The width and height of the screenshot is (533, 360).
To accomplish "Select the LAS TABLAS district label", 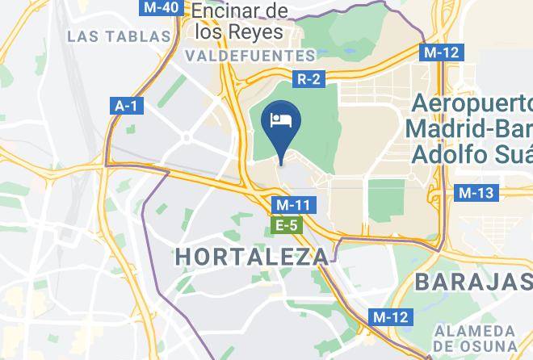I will click(120, 36).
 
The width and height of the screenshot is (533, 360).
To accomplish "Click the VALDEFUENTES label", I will click(250, 57).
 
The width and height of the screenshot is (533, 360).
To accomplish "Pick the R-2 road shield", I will click(308, 79).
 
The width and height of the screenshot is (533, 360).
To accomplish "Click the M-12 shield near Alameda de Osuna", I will click(392, 316).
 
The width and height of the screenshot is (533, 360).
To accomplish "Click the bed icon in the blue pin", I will click(280, 120).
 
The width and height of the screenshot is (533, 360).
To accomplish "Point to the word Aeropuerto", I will click(472, 105).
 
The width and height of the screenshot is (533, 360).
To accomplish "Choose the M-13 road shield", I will click(476, 192).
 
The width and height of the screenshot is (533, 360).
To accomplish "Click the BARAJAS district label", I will click(473, 282).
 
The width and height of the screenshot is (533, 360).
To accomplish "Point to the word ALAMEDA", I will click(474, 332).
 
